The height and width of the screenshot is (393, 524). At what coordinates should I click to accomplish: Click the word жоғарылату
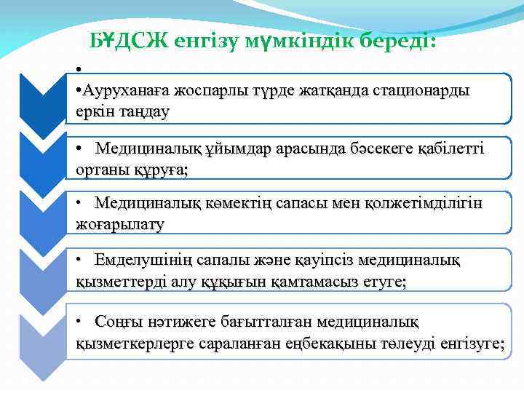click(x=120, y=224)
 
